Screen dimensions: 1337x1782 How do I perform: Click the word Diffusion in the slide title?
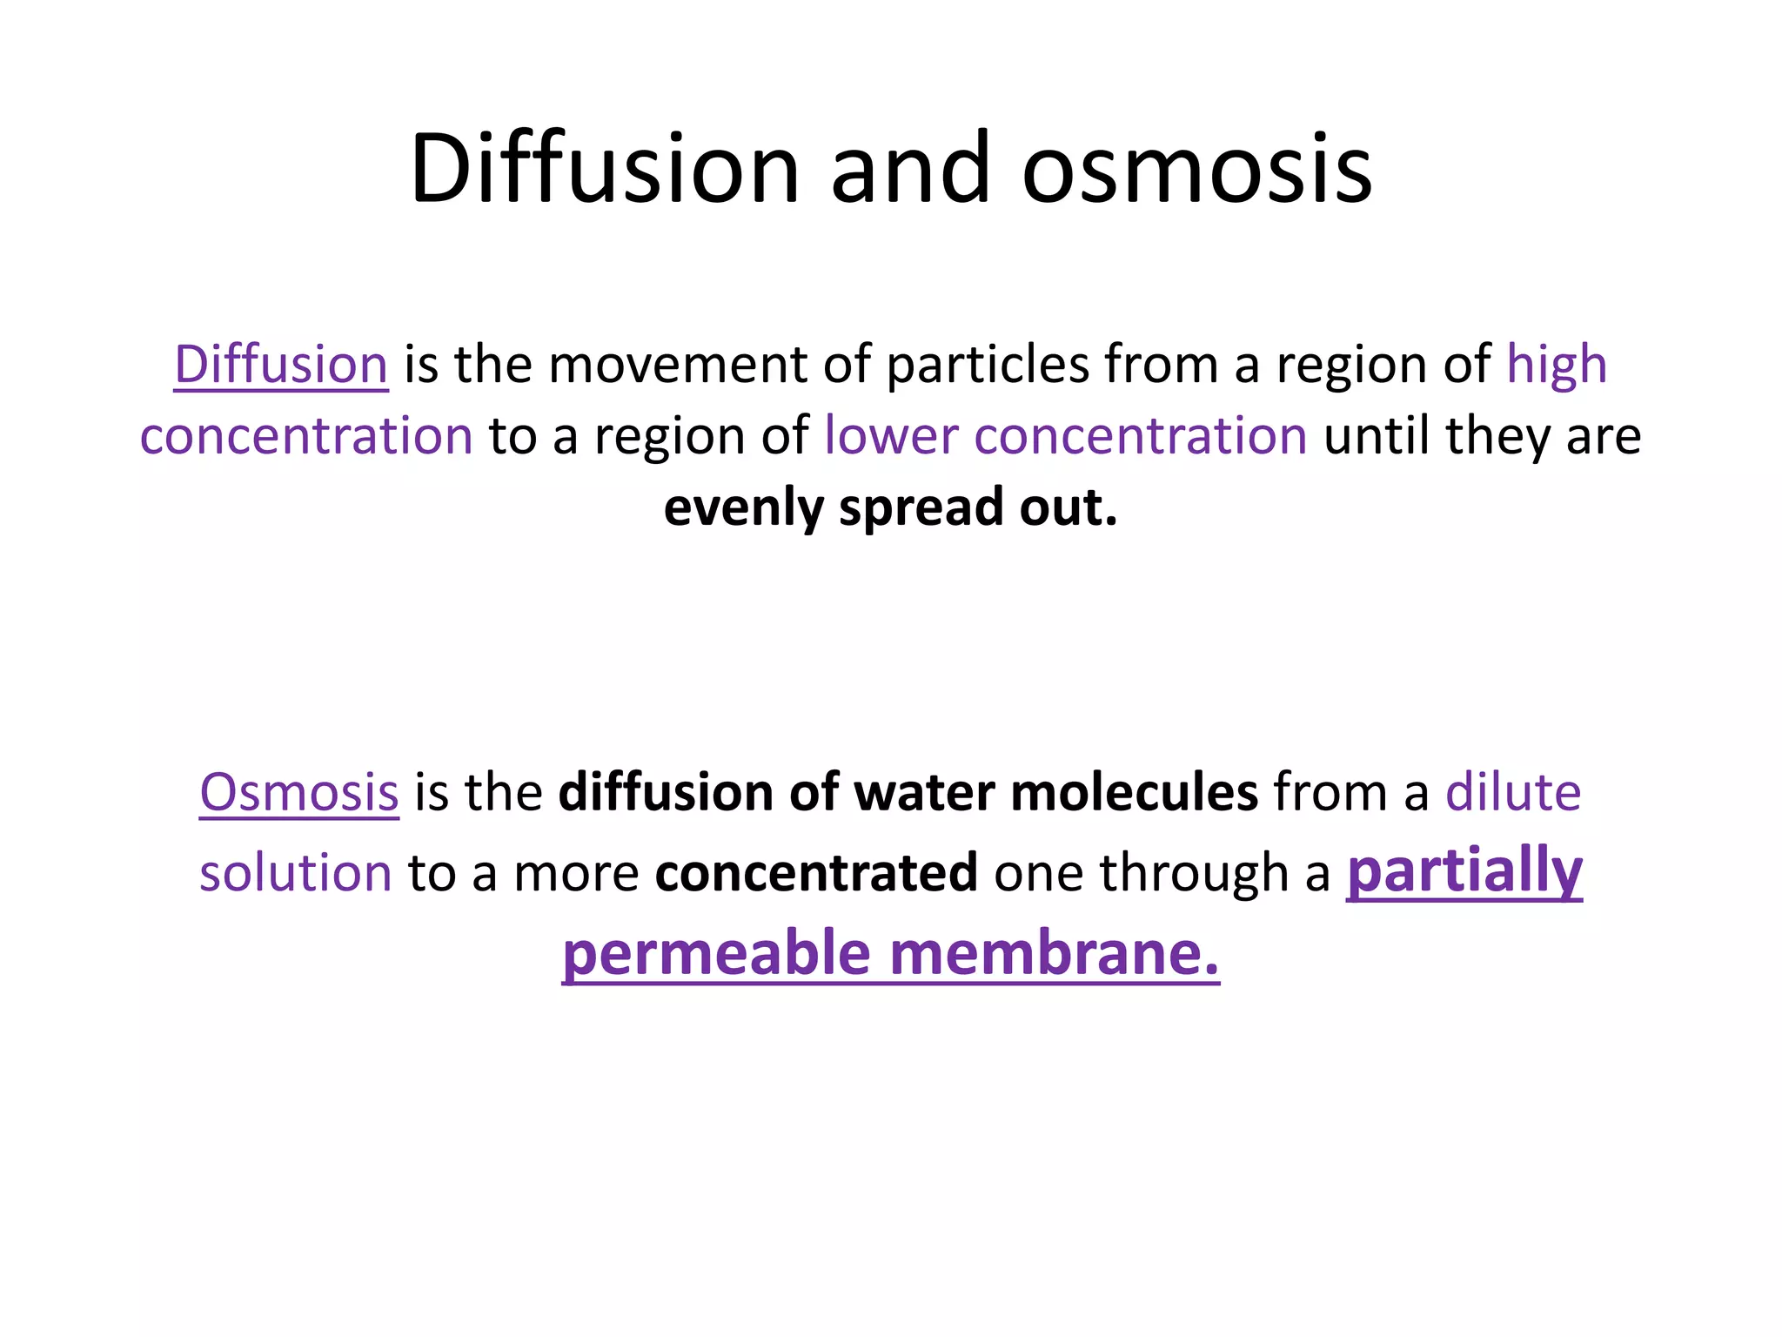pos(604,168)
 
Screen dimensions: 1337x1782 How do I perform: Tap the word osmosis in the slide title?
pos(1196,168)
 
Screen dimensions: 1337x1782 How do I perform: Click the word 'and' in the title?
pos(910,168)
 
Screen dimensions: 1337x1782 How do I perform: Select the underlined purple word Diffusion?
pos(281,364)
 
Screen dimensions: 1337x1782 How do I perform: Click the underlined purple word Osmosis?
pos(299,792)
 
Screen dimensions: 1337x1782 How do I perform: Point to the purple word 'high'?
pos(1556,364)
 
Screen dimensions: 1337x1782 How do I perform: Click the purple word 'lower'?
pos(891,435)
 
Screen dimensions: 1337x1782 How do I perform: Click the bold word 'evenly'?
pos(743,507)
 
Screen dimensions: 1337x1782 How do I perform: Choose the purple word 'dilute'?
pos(1512,792)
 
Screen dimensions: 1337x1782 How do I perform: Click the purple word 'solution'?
pos(296,873)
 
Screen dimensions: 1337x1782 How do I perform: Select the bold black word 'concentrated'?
pos(816,873)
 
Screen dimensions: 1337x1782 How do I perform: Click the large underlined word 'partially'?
pos(1464,870)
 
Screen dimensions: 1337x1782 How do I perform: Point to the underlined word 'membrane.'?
pos(1055,954)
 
